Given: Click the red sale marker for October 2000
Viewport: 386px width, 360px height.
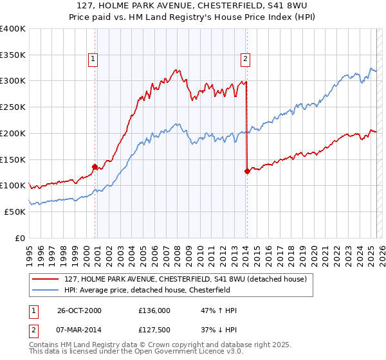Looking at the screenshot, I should pyautogui.click(x=95, y=166).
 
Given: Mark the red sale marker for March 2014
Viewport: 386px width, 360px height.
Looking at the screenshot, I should pyautogui.click(x=247, y=171).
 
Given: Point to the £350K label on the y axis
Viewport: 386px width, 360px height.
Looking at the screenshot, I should pyautogui.click(x=13, y=55).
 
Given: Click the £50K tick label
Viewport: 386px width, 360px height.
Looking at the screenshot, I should pyautogui.click(x=15, y=212).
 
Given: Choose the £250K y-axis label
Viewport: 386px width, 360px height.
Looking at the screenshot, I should pyautogui.click(x=13, y=107).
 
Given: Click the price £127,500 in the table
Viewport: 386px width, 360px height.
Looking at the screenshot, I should pyautogui.click(x=154, y=330).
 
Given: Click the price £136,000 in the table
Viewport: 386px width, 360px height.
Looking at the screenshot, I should pyautogui.click(x=154, y=310).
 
